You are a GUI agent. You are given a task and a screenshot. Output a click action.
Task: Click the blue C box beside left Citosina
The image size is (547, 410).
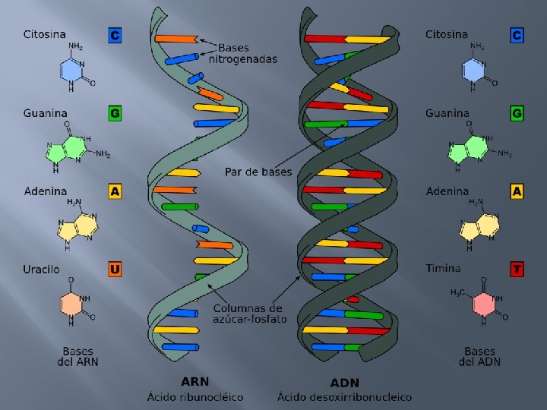pyautogui.click(x=115, y=35)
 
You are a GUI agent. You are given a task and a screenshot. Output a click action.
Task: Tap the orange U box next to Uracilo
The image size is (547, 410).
pyautogui.click(x=115, y=269)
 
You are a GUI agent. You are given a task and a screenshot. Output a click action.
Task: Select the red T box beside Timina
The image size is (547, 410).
pyautogui.click(x=517, y=269)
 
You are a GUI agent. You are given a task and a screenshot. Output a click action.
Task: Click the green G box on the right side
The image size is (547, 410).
pyautogui.click(x=517, y=113)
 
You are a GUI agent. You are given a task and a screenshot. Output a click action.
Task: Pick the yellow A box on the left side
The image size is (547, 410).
pyautogui.click(x=115, y=191)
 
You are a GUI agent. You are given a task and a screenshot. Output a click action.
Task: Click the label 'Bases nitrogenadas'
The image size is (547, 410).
pyautogui.click(x=243, y=52)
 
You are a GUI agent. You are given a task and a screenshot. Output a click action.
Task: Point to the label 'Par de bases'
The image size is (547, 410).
pyautogui.click(x=258, y=172)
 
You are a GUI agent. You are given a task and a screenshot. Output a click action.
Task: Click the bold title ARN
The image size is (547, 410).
pyautogui.click(x=195, y=382)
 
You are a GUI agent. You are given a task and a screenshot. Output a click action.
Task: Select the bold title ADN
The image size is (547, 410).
pyautogui.click(x=344, y=382)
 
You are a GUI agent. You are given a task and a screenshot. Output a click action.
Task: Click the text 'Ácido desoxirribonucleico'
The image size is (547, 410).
pyautogui.click(x=344, y=396)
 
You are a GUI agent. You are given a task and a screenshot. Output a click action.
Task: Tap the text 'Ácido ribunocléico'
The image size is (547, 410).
pyautogui.click(x=195, y=396)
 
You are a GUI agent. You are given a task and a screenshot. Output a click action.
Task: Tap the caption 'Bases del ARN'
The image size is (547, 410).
pyautogui.click(x=78, y=356)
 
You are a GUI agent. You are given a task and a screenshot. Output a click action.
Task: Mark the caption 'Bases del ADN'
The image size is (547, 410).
pyautogui.click(x=479, y=356)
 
